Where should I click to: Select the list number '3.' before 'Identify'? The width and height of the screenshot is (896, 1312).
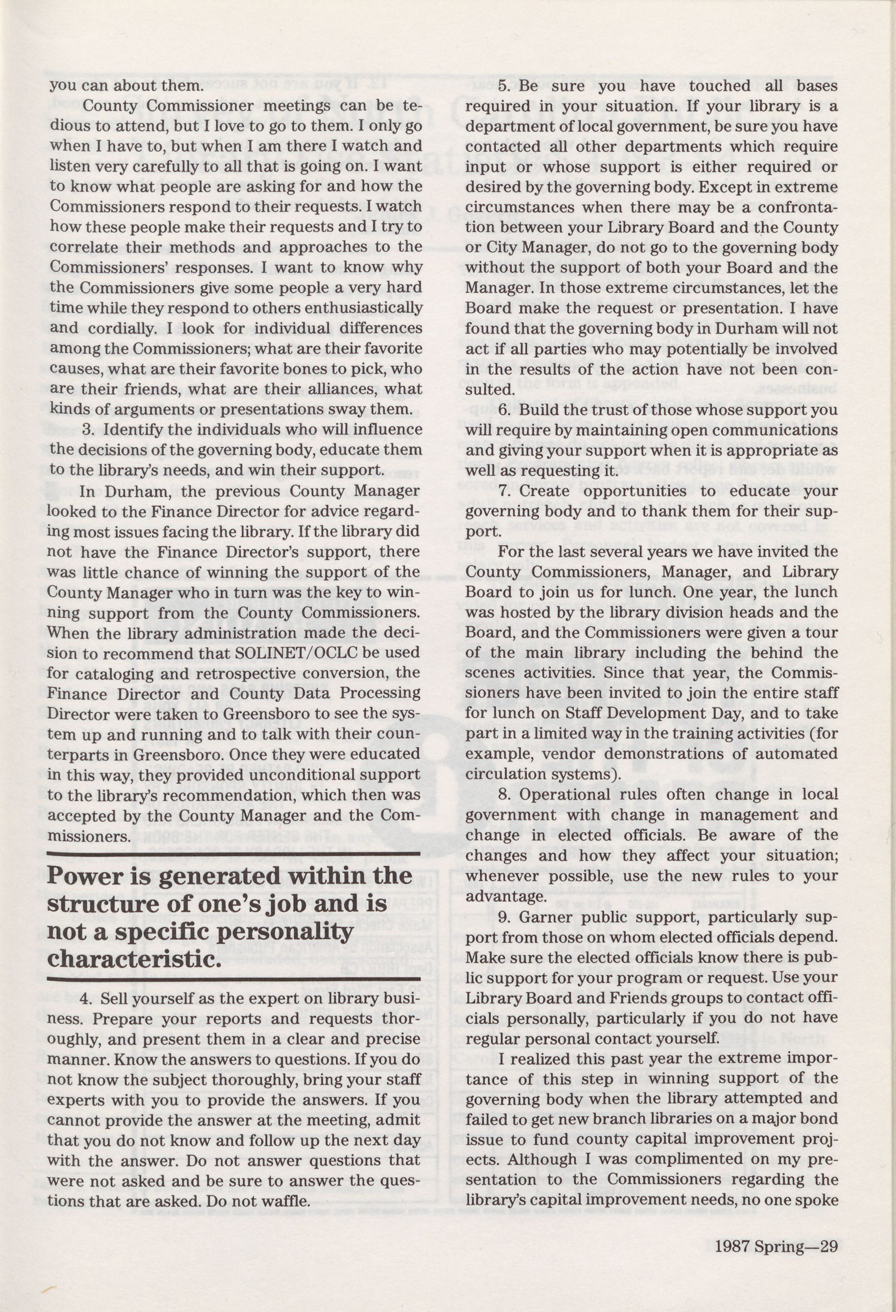coord(88,430)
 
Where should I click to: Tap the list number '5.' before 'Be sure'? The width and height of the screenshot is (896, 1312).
coord(504,86)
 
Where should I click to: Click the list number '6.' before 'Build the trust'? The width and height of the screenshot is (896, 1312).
coord(504,410)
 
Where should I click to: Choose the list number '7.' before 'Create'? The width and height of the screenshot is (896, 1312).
coord(504,491)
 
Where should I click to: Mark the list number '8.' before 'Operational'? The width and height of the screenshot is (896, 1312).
coord(504,795)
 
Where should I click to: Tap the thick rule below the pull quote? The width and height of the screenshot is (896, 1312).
coord(233,978)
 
